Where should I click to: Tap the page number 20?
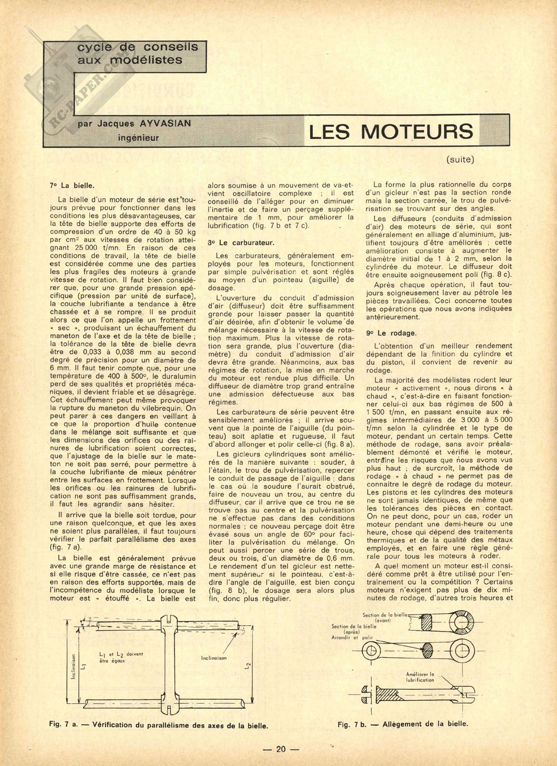coord(281,749)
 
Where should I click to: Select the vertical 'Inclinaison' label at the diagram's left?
coord(73,667)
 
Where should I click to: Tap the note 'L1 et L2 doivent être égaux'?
coord(118,657)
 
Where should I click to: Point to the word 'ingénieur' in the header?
coord(138,137)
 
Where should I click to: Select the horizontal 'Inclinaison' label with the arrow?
coord(214,658)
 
